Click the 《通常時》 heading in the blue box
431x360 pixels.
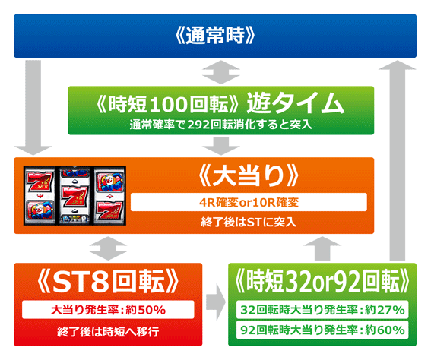coord(215,36)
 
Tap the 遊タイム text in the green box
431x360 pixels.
coord(295,103)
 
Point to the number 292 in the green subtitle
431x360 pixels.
coord(198,125)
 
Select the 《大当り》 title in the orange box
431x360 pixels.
coord(249,175)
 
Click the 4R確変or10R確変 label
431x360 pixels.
coord(249,203)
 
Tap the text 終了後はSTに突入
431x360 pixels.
coord(249,222)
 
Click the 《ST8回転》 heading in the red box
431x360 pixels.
coord(108,282)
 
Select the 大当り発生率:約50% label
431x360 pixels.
coord(108,310)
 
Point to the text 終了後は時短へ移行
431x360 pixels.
coord(108,332)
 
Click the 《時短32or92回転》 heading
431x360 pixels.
coord(322,282)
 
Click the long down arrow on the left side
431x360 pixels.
coord(33,108)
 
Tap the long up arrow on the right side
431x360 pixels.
coord(398,160)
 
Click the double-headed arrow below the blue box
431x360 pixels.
coord(221,72)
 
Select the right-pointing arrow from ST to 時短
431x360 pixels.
coord(216,302)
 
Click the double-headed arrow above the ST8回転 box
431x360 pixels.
coord(108,248)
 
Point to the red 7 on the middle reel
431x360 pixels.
coord(74,195)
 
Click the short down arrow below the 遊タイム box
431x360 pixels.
coord(221,147)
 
